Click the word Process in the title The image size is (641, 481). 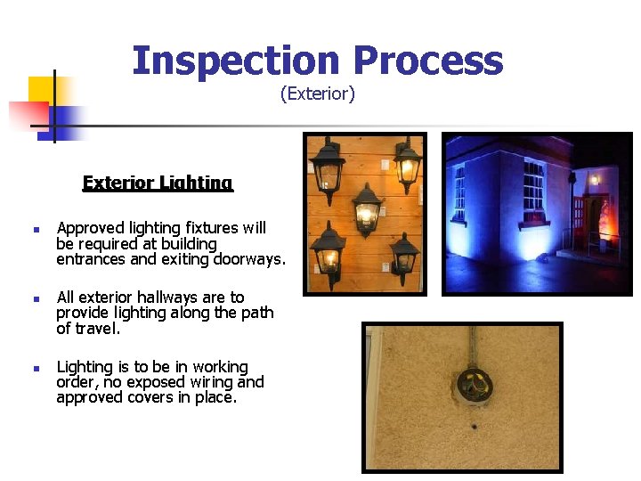pos(427,61)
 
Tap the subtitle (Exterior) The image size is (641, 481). pos(318,94)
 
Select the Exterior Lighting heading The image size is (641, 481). pos(158,183)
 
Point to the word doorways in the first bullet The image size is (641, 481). pos(247,259)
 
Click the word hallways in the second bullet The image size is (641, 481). pos(171,298)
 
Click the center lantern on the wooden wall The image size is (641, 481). pos(366,210)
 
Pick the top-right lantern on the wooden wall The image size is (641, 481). pos(407,164)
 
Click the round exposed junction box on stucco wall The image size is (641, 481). pos(473,386)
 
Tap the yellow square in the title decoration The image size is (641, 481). pos(42,91)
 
